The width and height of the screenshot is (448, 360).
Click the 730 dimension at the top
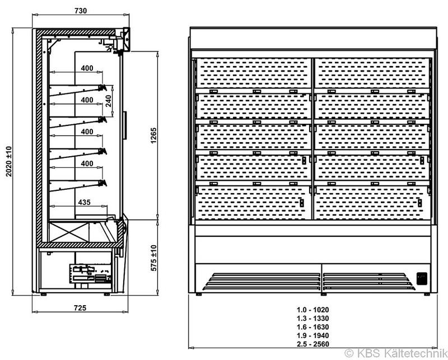[x=81, y=11]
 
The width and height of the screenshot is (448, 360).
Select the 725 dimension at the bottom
[x=80, y=308]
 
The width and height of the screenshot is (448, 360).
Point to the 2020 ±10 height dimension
[x=9, y=161]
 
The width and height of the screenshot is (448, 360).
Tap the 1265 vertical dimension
[x=153, y=135]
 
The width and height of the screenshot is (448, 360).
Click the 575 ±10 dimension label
[x=153, y=258]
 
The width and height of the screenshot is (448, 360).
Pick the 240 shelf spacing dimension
[x=109, y=101]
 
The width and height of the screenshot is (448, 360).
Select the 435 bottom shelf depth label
[x=85, y=202]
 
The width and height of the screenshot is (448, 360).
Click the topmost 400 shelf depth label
[x=87, y=68]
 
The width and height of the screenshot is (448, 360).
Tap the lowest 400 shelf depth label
[x=87, y=163]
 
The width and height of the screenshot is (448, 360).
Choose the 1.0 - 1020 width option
[x=312, y=310]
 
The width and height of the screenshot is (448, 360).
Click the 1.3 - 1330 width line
[x=312, y=318]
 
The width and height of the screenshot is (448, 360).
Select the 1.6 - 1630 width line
[x=312, y=327]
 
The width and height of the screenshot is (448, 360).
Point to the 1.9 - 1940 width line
[x=312, y=335]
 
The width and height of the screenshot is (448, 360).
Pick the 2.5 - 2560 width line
[x=312, y=344]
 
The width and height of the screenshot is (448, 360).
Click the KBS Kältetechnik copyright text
[x=396, y=353]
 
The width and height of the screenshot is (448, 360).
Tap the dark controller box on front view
[x=422, y=279]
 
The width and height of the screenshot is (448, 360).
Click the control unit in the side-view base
[x=91, y=273]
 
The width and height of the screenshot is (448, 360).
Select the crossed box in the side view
[x=68, y=232]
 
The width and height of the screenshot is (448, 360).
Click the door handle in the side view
[x=124, y=125]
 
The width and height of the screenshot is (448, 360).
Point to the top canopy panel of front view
[x=314, y=38]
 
